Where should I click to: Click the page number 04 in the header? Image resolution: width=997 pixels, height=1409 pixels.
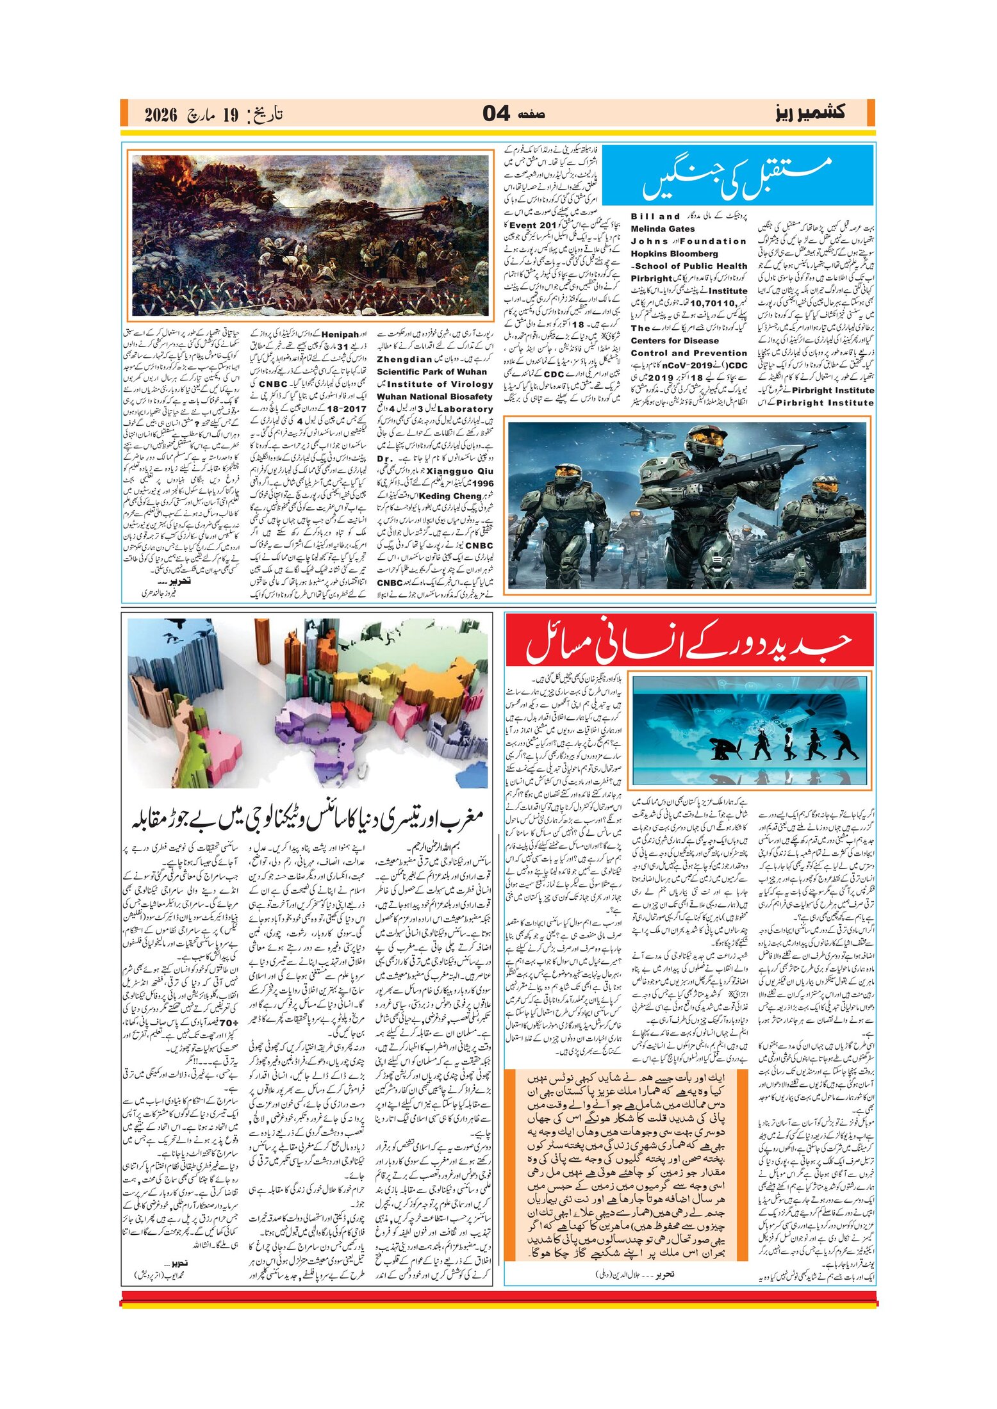point(496,113)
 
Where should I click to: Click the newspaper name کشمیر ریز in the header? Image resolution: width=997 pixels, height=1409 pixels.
point(809,113)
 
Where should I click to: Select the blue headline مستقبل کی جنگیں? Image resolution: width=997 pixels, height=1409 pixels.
point(737,177)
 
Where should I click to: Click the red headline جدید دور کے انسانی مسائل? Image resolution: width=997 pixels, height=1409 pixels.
point(689,641)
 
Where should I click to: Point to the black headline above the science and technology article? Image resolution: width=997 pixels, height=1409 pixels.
point(308,819)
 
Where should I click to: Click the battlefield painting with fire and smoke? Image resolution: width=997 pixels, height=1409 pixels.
point(310,235)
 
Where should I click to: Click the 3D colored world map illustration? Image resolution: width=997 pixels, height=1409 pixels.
point(308,703)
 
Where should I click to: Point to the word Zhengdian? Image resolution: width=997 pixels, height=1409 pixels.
point(404,359)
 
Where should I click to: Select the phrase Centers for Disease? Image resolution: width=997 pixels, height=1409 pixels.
point(675,341)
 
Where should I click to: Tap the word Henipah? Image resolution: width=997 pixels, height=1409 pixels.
point(340,334)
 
